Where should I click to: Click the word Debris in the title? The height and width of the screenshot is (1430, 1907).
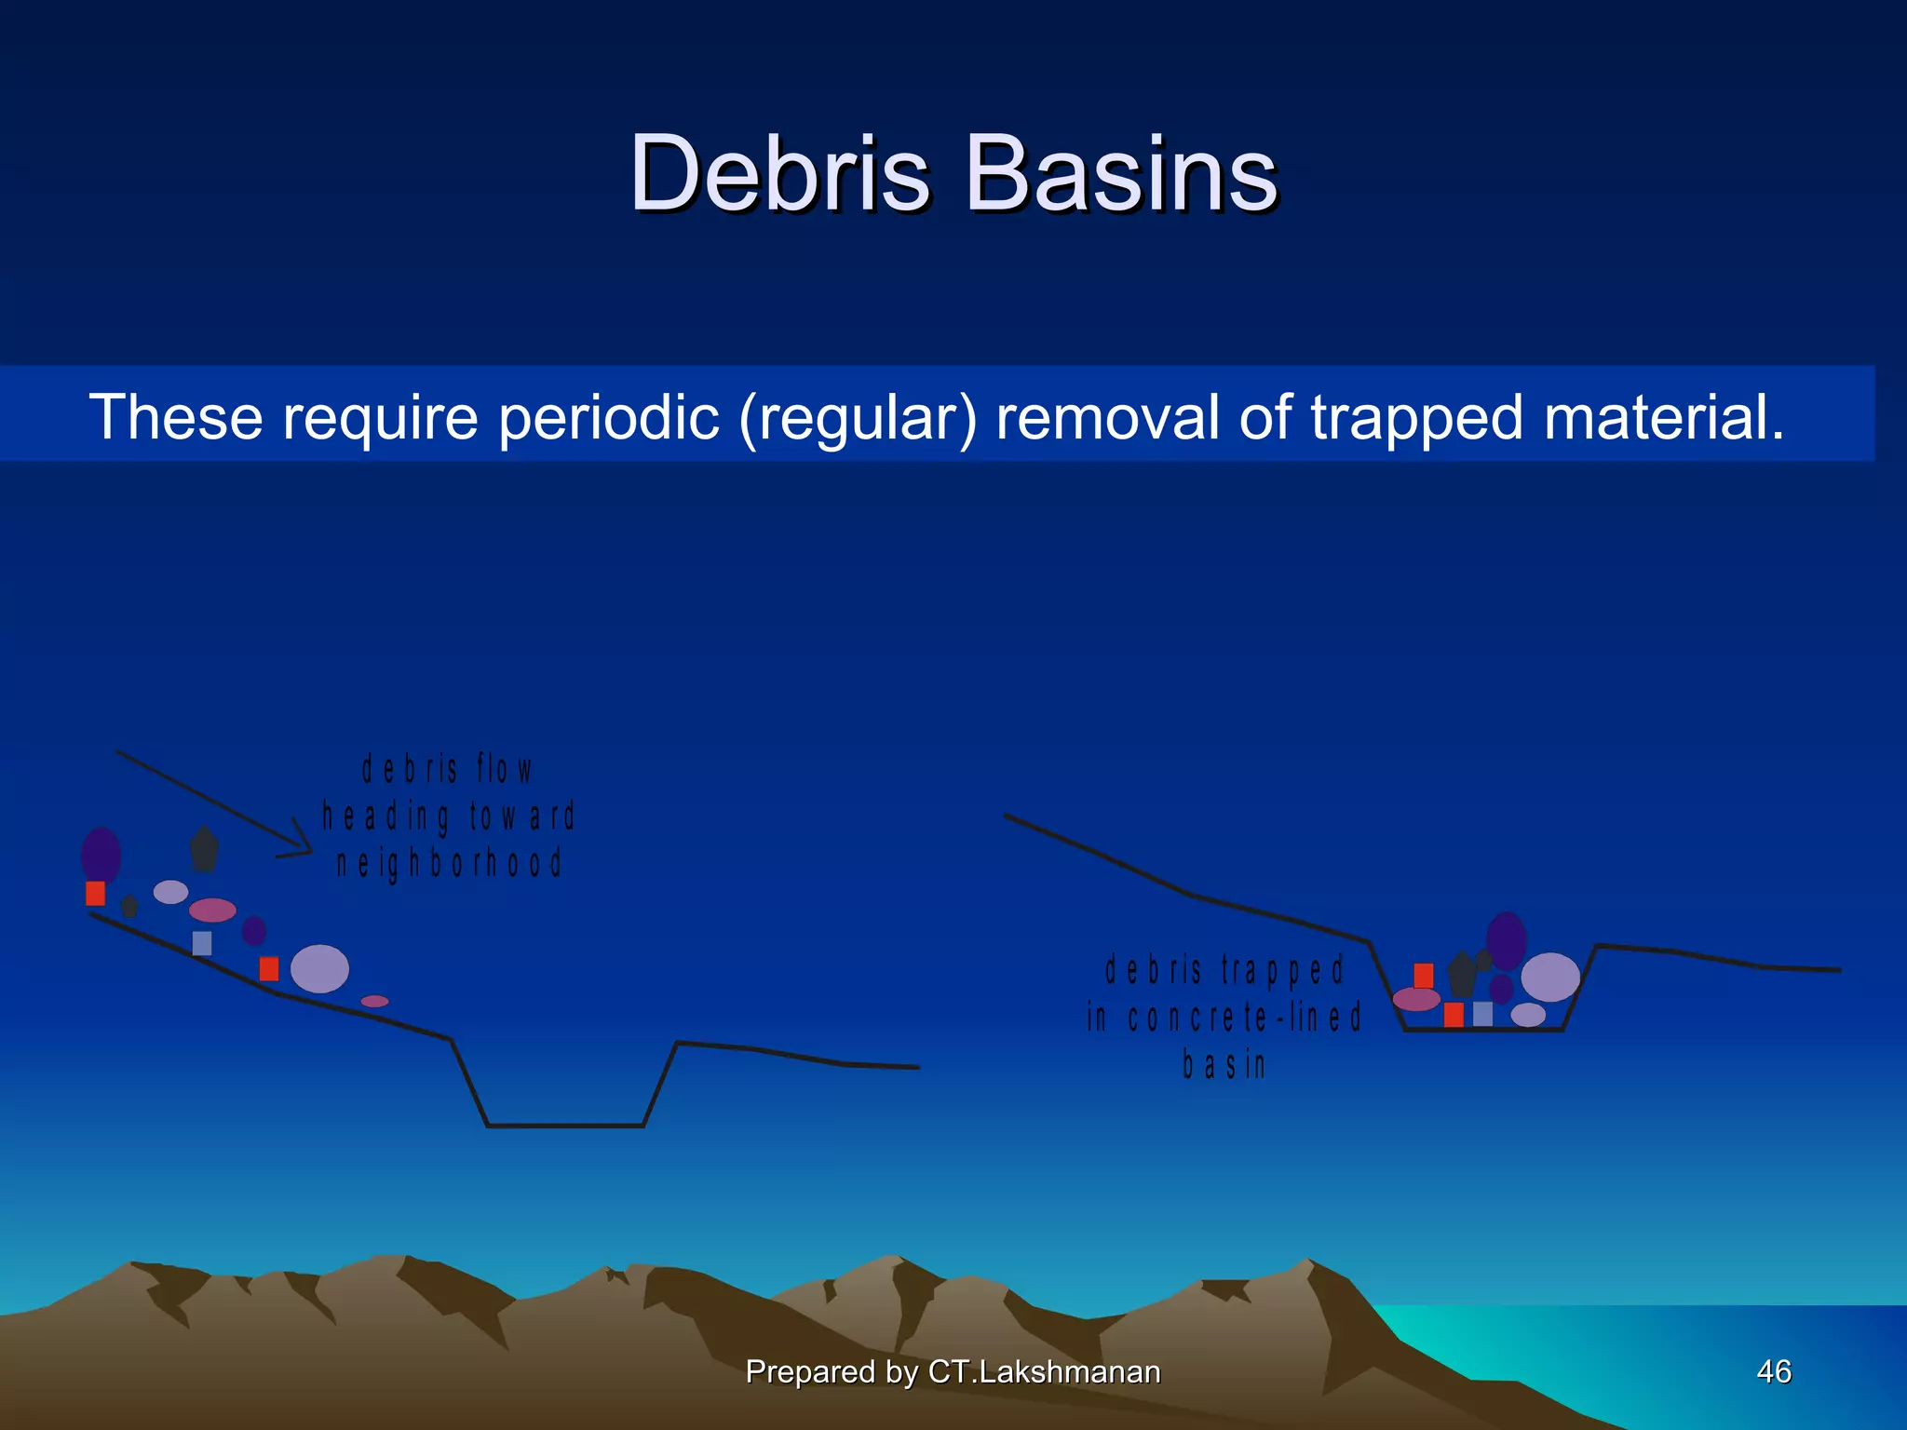(779, 174)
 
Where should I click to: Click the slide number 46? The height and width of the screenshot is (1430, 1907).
(1773, 1371)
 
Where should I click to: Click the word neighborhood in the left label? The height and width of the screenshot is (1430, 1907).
(450, 864)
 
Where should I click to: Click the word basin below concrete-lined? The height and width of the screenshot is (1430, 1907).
(1224, 1064)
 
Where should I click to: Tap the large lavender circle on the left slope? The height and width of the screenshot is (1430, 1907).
(319, 968)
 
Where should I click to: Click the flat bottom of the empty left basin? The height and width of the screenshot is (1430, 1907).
(565, 1126)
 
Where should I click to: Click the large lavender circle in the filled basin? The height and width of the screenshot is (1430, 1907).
(1549, 977)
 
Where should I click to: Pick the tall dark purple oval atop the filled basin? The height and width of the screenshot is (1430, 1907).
(1506, 940)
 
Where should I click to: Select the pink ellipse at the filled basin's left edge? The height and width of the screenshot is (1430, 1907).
(1416, 999)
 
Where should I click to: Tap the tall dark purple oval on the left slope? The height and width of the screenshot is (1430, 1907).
(101, 855)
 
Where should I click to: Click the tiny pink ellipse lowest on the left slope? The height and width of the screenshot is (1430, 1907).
(374, 1001)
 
